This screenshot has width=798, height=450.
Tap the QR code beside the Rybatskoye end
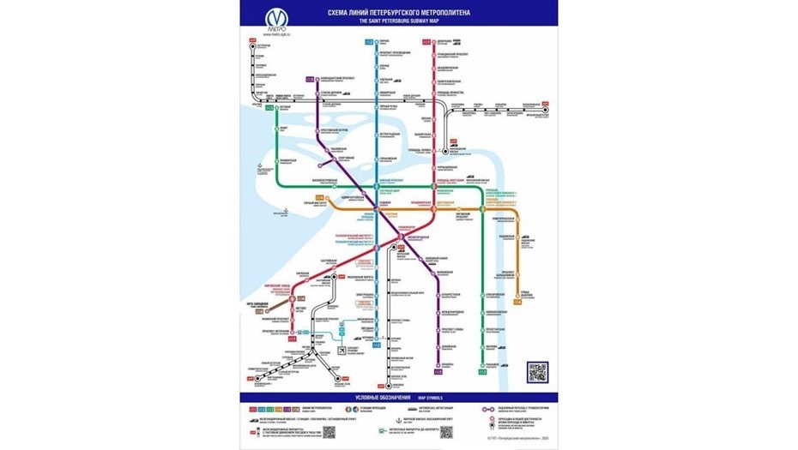(537, 372)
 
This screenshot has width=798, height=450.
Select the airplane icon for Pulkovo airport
(342, 351)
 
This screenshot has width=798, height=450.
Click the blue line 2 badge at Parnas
(369, 42)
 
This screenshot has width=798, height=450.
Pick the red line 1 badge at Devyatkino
(426, 41)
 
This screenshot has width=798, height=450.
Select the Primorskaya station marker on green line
(277, 160)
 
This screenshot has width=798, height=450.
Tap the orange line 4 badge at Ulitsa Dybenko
(517, 301)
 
